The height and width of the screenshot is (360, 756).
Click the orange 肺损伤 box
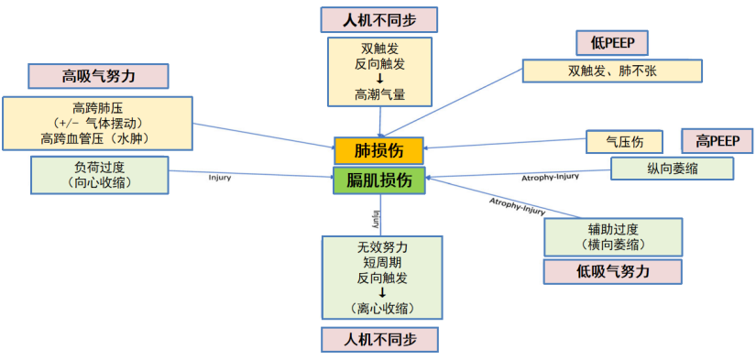tap(378, 150)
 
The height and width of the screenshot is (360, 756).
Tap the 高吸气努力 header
tap(99, 75)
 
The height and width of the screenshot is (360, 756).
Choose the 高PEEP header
tap(717, 141)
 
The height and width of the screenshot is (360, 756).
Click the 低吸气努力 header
tap(612, 271)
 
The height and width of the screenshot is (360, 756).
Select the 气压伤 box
tap(624, 141)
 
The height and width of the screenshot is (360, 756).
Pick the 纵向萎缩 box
tap(672, 168)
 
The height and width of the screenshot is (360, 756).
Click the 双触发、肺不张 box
tap(611, 71)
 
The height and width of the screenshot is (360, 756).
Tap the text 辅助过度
tap(612, 229)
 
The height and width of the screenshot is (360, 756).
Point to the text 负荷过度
tap(99, 168)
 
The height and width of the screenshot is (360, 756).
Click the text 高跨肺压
tap(99, 107)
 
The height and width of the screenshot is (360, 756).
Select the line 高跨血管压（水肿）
tap(99, 138)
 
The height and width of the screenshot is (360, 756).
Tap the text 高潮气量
tap(379, 93)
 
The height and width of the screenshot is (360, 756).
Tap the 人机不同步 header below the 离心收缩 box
tap(379, 339)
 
